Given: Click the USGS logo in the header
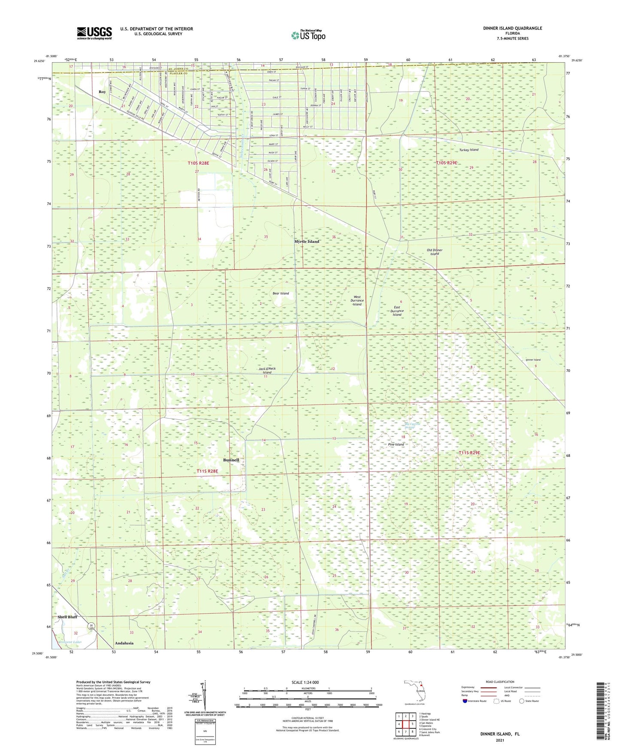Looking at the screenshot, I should point(94,33).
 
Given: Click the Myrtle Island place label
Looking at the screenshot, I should point(307,242).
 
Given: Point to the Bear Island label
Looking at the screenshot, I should point(281,293).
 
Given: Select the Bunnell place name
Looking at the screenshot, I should point(231,460).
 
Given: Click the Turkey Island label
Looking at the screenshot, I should point(469,150).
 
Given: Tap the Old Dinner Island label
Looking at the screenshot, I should point(435,252).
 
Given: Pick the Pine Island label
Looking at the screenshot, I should point(396,444).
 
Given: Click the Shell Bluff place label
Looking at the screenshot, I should point(67,617).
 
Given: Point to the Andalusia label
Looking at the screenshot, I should point(124,643).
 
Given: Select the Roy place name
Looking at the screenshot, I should point(102,92).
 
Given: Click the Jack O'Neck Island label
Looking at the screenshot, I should point(267,370).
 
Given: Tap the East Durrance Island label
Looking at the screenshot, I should point(397,311).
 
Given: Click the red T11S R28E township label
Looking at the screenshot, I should point(207,471).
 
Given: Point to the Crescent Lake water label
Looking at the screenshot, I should point(70,642).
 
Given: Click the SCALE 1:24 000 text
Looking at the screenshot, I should point(305,683).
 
